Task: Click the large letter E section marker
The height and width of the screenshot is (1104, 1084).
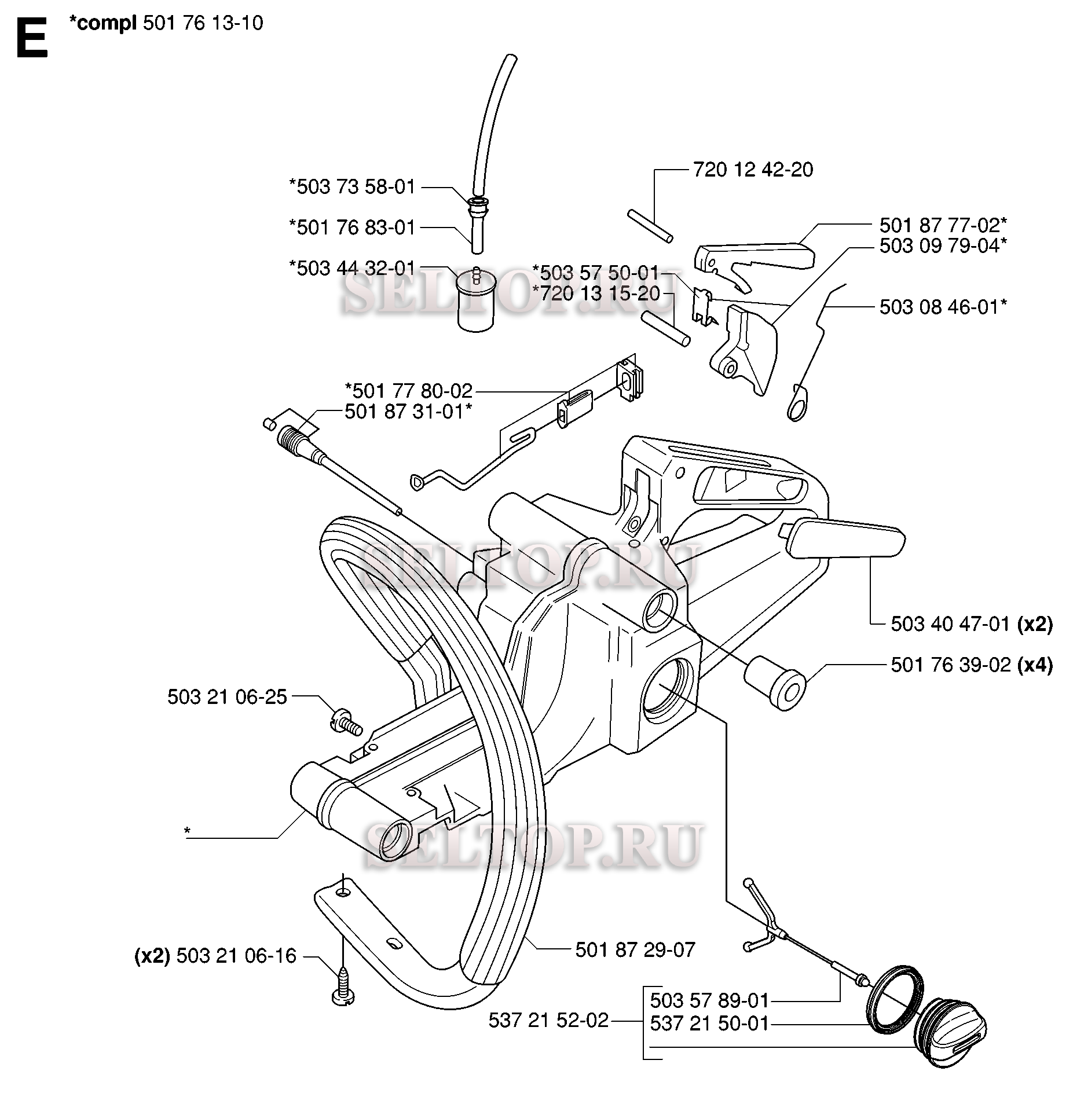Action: [x=31, y=38]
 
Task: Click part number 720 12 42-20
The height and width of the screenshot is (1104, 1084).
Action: [x=753, y=170]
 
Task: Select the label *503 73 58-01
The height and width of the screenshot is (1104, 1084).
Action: [x=353, y=187]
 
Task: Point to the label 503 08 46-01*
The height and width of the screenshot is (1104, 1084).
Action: [x=943, y=307]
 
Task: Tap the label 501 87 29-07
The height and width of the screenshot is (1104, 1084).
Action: [x=635, y=949]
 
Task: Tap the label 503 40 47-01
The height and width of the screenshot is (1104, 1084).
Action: [x=951, y=625]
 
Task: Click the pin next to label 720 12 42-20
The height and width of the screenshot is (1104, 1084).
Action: [x=650, y=226]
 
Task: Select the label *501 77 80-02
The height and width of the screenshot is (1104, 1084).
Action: [x=409, y=391]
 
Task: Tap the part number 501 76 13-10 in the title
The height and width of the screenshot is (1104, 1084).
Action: [x=202, y=23]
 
